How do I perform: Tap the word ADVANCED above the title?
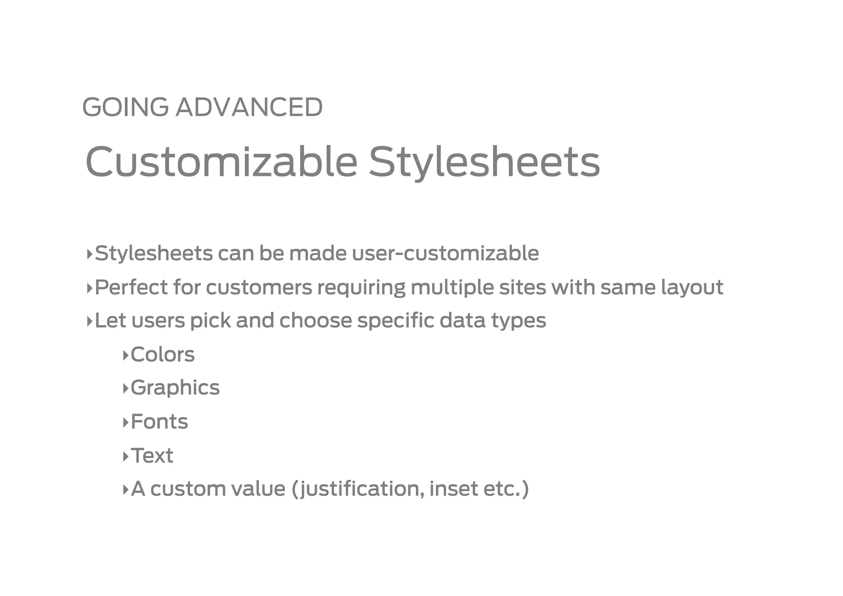point(249,107)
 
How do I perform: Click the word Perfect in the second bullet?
point(131,287)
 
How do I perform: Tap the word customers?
point(259,287)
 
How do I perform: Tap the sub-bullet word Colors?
point(163,354)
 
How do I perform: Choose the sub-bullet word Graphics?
point(175,388)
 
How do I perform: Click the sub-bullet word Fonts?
point(159,422)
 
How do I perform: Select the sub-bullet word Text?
point(152,456)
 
